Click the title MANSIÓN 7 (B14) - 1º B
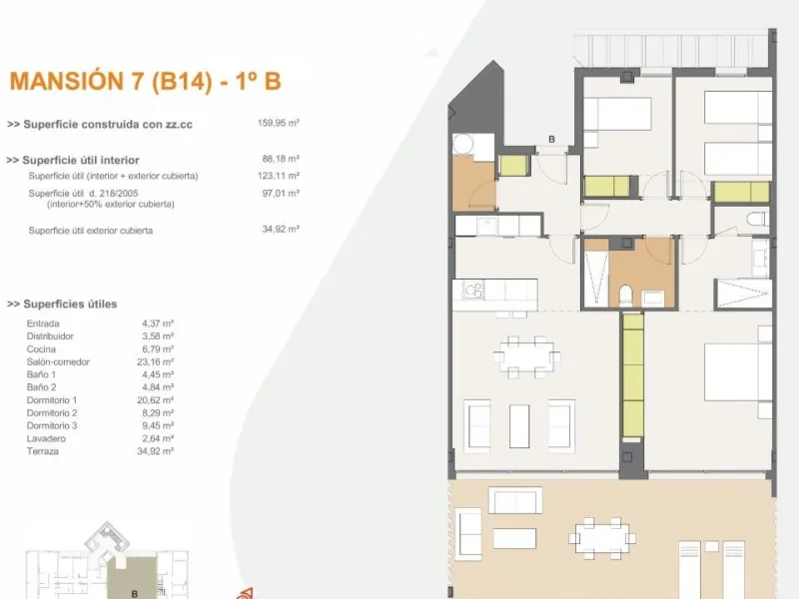tap(145, 82)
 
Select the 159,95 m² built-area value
tap(279, 123)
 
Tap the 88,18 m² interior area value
tap(281, 159)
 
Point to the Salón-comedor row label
tap(58, 362)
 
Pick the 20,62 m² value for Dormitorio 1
tap(156, 400)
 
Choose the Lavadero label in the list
tap(46, 438)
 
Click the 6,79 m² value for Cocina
tap(158, 349)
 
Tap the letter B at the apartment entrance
tap(551, 139)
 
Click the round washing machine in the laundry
tap(463, 144)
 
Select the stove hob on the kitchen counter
tap(473, 290)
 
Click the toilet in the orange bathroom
tap(626, 296)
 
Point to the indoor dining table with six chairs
tap(527, 356)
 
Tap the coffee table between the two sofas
tap(519, 426)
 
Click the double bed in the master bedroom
tap(738, 372)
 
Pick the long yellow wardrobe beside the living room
tap(632, 375)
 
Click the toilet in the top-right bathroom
tap(758, 219)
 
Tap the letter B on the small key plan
tap(135, 594)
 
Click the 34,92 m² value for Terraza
tap(156, 451)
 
